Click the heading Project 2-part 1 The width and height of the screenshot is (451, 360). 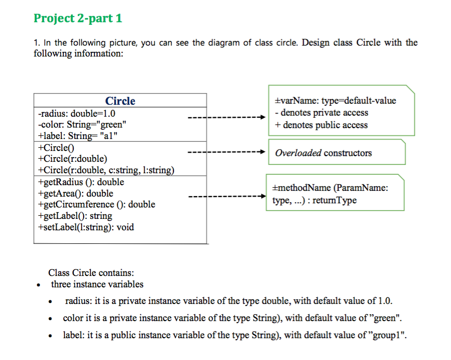point(78,19)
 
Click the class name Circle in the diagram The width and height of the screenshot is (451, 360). point(120,101)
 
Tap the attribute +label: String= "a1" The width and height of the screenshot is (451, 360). point(78,136)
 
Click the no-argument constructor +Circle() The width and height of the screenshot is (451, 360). point(56,147)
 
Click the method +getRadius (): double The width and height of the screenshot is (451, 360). point(81,182)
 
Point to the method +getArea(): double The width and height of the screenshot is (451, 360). point(75,193)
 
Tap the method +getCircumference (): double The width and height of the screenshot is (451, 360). point(96,204)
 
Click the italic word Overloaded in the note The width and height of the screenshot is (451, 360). point(298,153)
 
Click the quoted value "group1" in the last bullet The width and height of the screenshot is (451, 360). point(385,334)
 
